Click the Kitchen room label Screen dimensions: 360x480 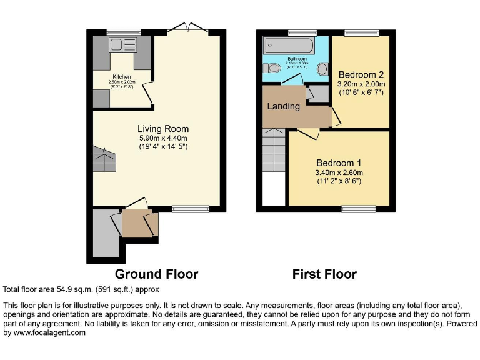[122, 77]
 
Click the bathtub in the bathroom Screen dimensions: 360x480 [289, 45]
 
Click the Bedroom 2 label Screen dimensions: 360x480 [361, 74]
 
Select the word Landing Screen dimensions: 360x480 [283, 106]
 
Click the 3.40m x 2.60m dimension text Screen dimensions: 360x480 [338, 172]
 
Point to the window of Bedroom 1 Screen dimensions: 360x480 [359, 209]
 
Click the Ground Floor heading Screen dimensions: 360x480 [156, 274]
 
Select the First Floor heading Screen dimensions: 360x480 [324, 274]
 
